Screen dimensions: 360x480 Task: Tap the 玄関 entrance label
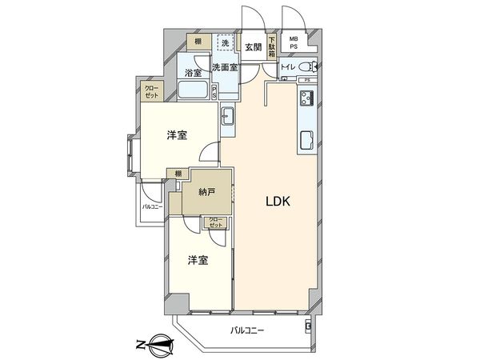click(253, 47)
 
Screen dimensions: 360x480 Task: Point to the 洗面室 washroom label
click(224, 68)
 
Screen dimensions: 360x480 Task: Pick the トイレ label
click(288, 67)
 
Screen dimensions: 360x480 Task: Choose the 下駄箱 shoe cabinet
click(271, 47)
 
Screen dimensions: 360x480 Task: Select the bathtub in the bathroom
click(192, 90)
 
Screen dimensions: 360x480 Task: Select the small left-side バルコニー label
click(152, 207)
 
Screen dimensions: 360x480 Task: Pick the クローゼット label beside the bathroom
click(151, 93)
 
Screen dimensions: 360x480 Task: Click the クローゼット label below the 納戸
click(215, 222)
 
